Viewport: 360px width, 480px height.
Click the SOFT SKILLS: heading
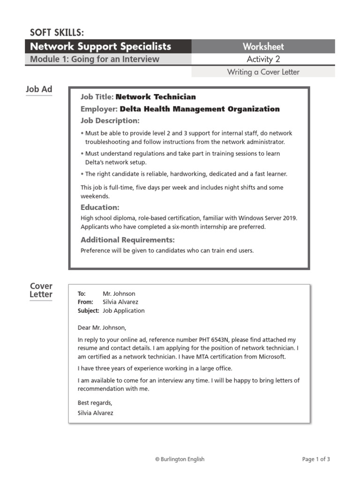[57, 32]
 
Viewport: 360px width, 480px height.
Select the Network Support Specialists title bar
[100, 46]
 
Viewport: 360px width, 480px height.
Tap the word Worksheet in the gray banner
[263, 46]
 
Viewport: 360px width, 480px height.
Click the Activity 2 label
[263, 59]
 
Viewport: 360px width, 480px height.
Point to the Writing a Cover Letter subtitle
[263, 72]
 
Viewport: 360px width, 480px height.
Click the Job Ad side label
[39, 89]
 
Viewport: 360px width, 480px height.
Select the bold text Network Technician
[156, 97]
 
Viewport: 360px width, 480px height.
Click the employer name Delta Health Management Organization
[200, 109]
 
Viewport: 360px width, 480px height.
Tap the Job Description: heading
[110, 121]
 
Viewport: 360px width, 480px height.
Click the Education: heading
[100, 207]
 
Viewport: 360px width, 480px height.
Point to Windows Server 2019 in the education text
[268, 218]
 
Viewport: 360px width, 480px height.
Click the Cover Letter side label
[41, 290]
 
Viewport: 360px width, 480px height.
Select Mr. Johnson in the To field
[119, 294]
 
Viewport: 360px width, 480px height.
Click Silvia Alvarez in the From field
[120, 302]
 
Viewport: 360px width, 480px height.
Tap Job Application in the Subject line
[124, 311]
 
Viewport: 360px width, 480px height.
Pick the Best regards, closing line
[95, 403]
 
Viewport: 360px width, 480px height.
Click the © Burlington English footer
[180, 459]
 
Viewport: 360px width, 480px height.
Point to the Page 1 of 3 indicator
[316, 459]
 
